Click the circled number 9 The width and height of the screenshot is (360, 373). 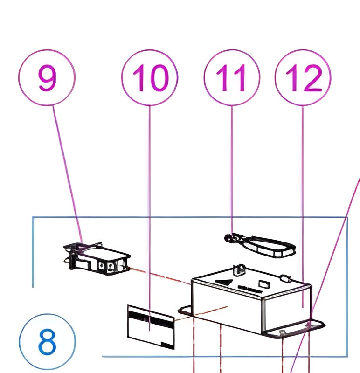(47, 77)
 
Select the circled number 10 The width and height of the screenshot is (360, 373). (150, 77)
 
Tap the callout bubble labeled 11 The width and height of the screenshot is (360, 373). (232, 77)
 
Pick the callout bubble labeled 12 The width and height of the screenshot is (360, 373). (303, 77)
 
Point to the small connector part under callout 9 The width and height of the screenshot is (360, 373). (97, 259)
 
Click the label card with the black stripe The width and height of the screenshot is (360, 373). (150, 326)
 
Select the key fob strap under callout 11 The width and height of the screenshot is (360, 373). (270, 246)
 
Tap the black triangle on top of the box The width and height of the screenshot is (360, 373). (226, 282)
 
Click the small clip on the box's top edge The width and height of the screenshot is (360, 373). (239, 269)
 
